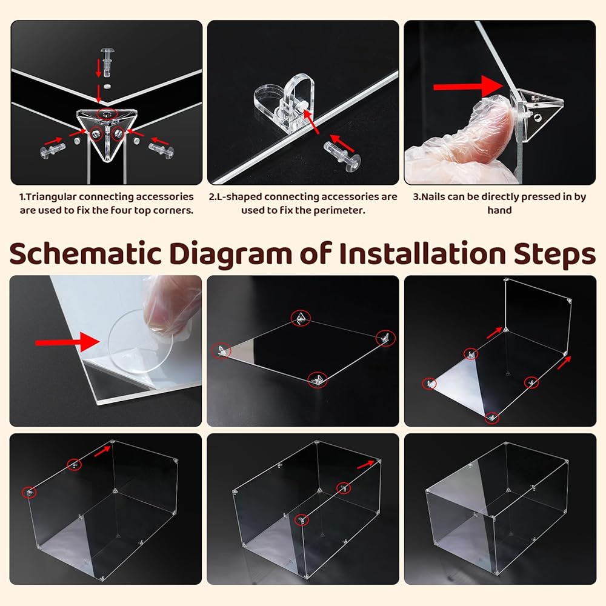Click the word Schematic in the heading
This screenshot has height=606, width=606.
tap(85, 254)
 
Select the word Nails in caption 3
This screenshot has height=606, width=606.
tap(432, 197)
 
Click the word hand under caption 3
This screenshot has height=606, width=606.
tap(499, 210)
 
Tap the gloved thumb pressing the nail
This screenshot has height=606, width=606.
tap(488, 123)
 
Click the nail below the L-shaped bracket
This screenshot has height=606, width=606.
tap(342, 156)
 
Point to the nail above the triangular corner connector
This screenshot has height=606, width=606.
tap(106, 61)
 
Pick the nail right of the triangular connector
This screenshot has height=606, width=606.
tap(161, 150)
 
